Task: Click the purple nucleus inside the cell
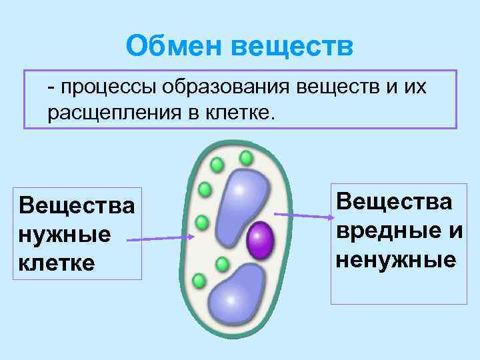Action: coord(261,241)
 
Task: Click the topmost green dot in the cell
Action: coord(246,158)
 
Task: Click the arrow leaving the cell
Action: coord(303,215)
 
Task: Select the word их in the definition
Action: coord(414,87)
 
